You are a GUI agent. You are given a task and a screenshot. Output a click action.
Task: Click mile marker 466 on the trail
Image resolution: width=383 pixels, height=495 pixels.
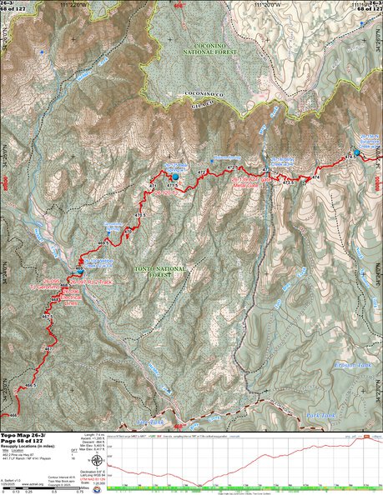click(x=12, y=414)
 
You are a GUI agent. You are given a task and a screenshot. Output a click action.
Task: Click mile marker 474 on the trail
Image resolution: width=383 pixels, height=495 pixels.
click(x=315, y=178)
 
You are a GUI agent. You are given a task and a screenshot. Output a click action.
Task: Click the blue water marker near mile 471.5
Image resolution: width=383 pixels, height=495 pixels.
click(x=175, y=177)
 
